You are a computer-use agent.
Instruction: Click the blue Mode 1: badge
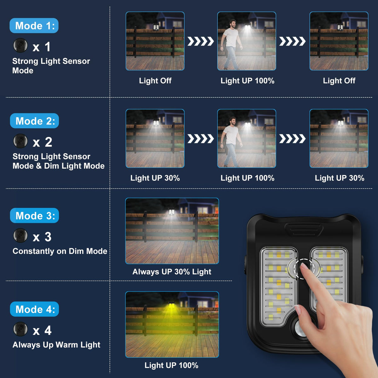click(34, 26)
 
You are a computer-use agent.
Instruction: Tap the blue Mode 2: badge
click(34, 121)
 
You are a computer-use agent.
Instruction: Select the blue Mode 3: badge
click(34, 215)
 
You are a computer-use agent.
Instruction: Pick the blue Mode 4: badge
click(34, 309)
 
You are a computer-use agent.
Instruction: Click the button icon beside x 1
click(20, 45)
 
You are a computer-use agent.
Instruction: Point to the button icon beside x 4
click(20, 329)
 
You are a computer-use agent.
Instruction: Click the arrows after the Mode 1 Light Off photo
click(200, 41)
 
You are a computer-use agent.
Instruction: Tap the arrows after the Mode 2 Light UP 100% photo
click(292, 139)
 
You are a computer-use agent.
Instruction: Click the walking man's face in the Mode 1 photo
click(233, 24)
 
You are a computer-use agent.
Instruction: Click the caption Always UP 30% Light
click(172, 272)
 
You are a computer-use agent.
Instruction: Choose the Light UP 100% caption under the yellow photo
click(171, 365)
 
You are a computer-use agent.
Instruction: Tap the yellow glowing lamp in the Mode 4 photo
click(172, 306)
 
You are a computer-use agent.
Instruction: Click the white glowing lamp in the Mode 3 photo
click(172, 212)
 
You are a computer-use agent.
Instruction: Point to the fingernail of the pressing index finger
click(304, 266)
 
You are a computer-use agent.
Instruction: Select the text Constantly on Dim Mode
click(60, 251)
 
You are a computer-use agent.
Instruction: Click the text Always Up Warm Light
click(56, 345)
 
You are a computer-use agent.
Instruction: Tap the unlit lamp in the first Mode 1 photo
click(156, 27)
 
